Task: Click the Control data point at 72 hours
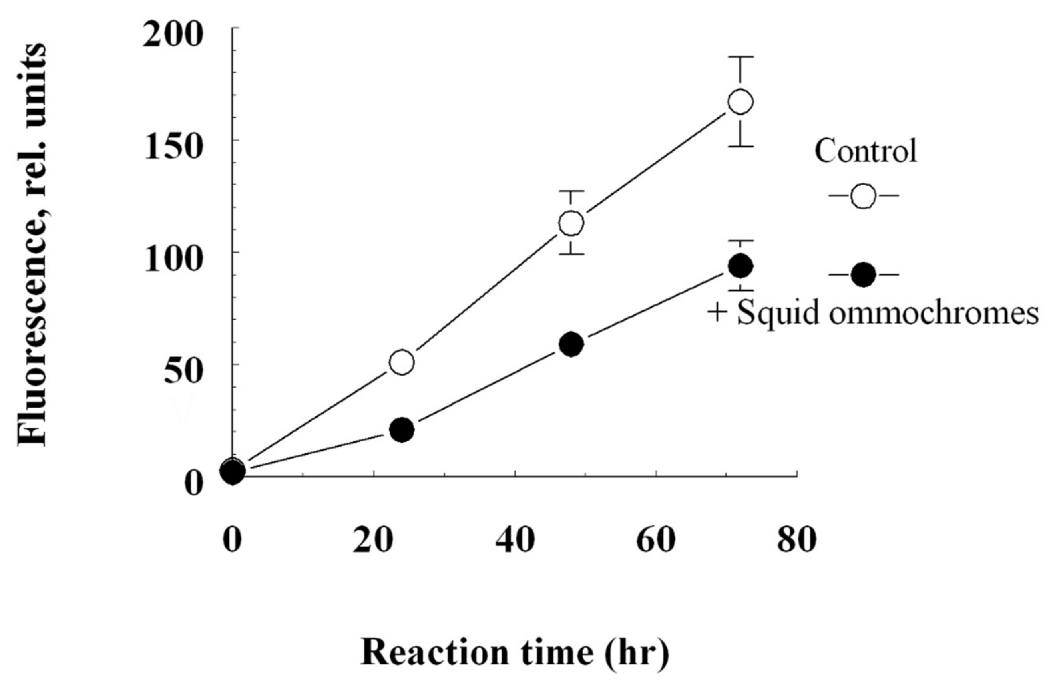click(740, 102)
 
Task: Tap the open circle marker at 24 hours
click(402, 362)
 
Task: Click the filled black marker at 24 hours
click(402, 430)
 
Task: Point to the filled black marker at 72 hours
click(740, 266)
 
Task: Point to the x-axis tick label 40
click(514, 541)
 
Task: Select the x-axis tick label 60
click(655, 541)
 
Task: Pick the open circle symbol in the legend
click(863, 195)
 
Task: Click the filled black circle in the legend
click(863, 276)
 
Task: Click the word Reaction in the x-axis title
click(434, 653)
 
